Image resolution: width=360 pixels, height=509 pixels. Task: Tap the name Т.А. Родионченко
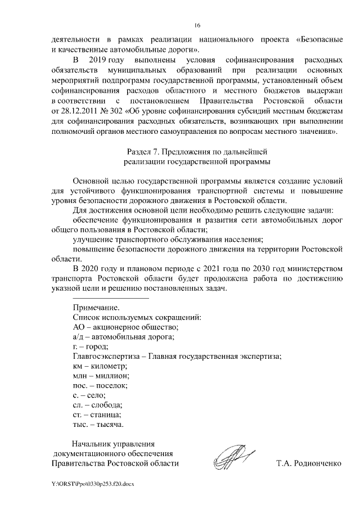click(x=309, y=464)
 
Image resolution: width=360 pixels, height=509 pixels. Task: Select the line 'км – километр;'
click(x=100, y=366)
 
